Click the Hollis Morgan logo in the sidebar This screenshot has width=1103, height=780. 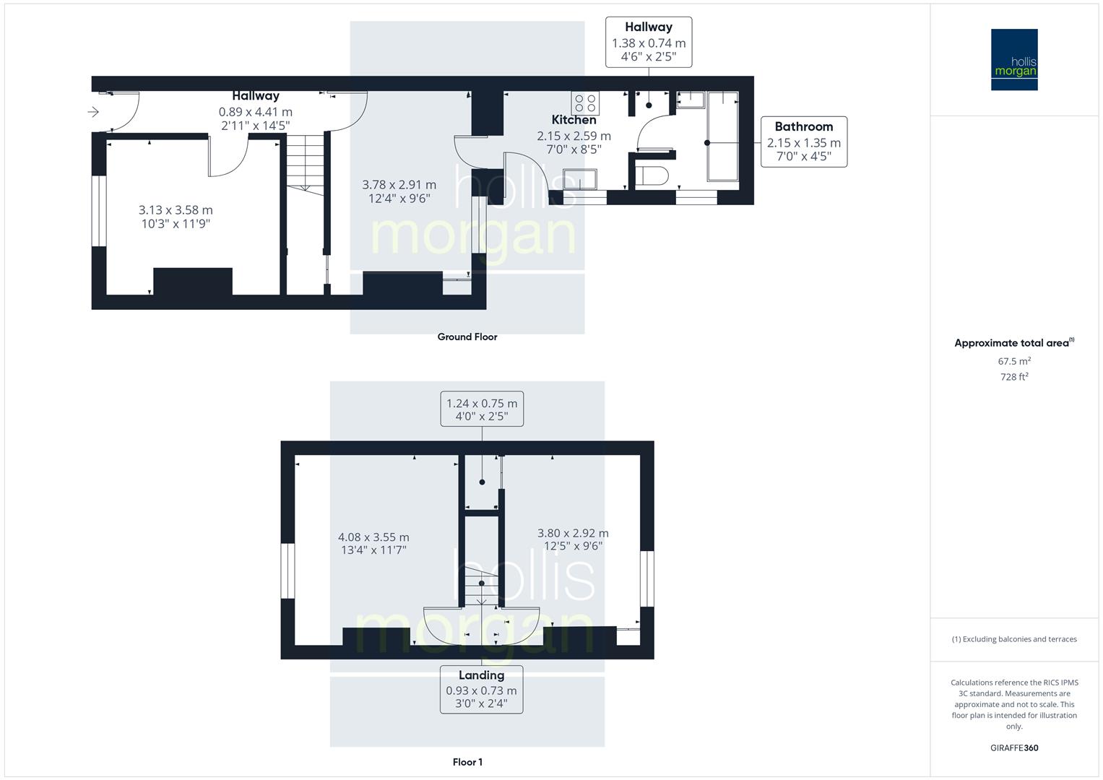point(1013,59)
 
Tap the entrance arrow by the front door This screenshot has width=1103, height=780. point(93,112)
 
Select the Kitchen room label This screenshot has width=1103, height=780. point(574,120)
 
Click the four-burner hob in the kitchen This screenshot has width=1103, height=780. point(585,103)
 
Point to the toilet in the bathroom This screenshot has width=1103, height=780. point(654,175)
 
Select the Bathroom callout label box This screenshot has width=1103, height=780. point(803,142)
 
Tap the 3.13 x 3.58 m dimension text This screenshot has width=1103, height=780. point(176,217)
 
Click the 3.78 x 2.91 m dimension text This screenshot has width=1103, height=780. point(399,191)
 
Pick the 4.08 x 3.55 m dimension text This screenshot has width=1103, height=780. point(373,543)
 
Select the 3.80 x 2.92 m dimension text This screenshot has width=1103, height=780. point(573,539)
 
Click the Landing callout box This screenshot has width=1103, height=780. point(481,690)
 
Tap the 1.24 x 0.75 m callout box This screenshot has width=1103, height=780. point(482,409)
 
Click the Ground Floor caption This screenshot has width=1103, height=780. point(467,337)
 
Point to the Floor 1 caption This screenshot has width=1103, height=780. point(467,762)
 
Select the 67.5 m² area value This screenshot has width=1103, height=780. point(1014,361)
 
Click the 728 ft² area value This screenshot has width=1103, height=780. point(1014,377)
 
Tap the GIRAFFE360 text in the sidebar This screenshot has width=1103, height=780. point(1014,747)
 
